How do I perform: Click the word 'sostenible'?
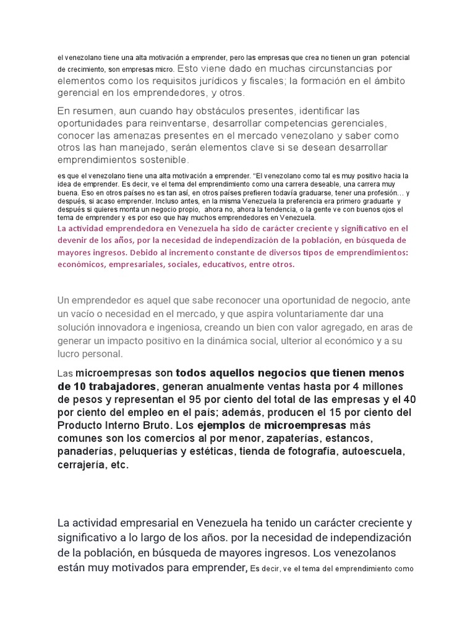click(158, 160)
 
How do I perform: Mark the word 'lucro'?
click(69, 354)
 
